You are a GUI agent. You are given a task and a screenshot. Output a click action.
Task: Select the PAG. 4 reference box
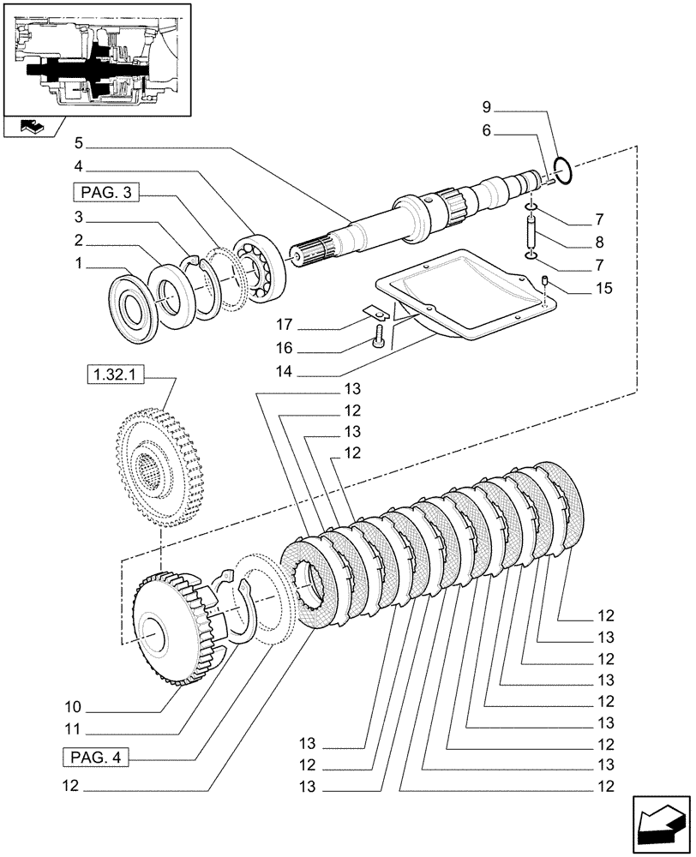pos(93,758)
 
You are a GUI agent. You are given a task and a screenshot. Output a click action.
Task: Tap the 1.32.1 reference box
pos(111,375)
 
